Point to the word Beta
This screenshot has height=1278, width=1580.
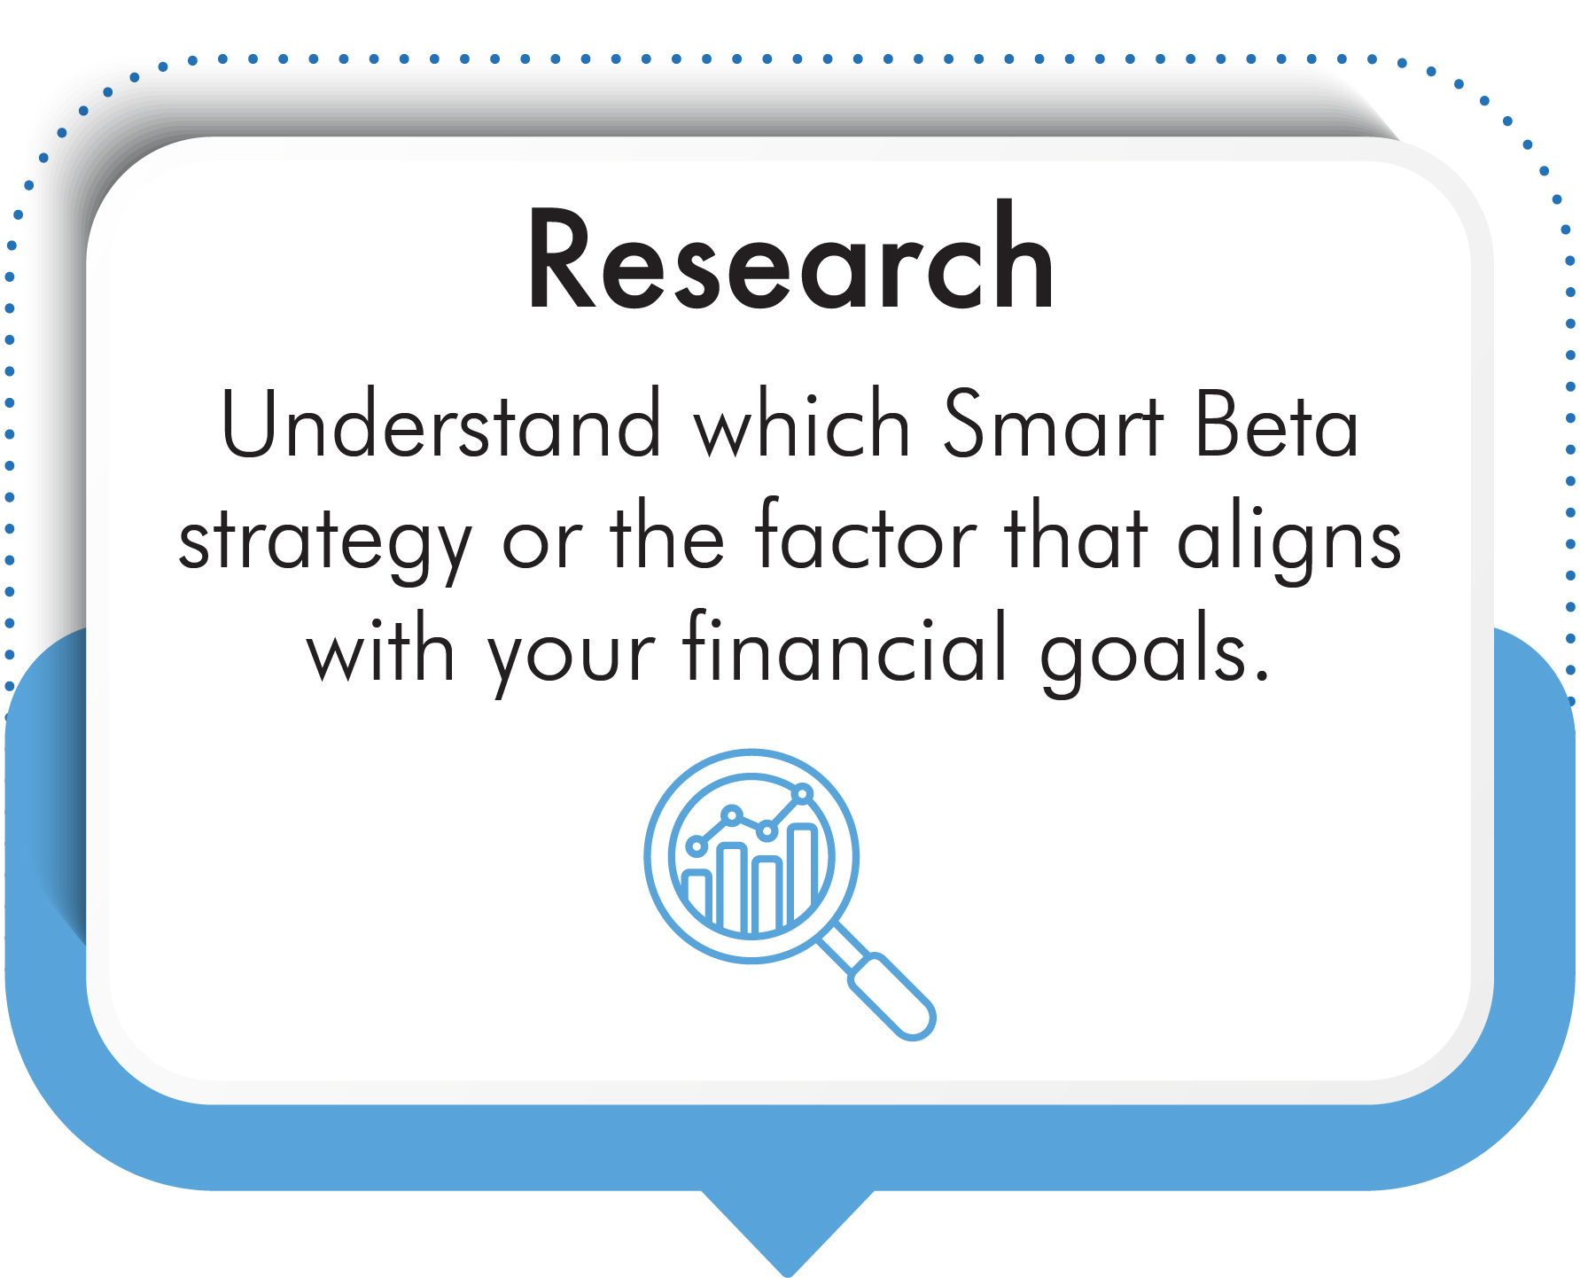[x=1276, y=424]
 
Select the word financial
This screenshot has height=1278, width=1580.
[x=846, y=646]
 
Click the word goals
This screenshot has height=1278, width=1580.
[x=1144, y=654]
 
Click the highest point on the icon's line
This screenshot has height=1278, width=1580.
[x=803, y=793]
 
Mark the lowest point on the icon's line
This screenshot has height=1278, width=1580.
[x=697, y=846]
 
